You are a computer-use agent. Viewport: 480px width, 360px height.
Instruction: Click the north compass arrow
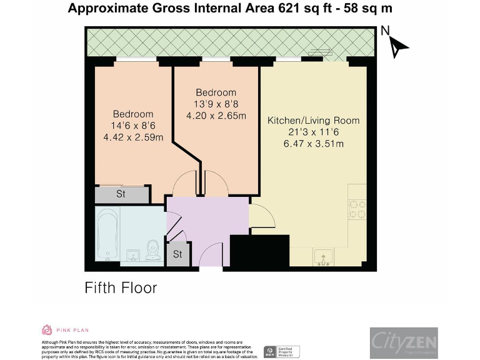coord(398,45)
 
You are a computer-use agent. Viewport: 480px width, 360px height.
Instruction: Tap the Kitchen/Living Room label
coord(313,120)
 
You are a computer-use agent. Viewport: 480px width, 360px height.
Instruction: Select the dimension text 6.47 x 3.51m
coord(313,144)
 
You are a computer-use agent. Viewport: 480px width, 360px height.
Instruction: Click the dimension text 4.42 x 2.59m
coord(132,137)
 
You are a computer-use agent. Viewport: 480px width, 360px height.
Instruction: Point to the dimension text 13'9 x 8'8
coord(216,104)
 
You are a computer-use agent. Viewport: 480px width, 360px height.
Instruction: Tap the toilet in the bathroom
coord(151,251)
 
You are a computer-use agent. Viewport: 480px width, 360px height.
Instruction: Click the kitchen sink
coord(324,257)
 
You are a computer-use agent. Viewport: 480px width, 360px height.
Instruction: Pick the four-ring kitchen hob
coord(357,209)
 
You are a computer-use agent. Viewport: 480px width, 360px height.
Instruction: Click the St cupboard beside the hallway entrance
coord(177,254)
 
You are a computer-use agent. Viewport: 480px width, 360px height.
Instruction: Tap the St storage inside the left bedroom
coord(121,194)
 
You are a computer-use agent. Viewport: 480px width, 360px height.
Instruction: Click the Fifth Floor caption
coord(121,288)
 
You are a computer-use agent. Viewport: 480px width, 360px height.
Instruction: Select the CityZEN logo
coord(403,342)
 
